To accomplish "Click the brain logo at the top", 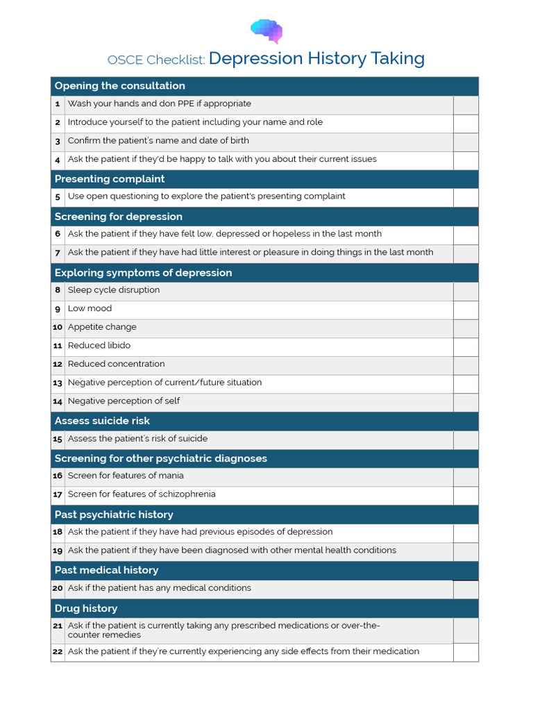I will [266, 31].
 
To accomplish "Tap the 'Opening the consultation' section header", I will [119, 86].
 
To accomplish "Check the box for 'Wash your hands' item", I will [466, 105].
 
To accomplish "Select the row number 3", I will [58, 141].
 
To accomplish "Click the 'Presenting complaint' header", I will [110, 179].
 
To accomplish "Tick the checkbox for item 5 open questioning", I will [466, 197].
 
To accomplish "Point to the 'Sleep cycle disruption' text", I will [114, 290].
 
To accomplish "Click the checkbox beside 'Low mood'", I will [466, 310].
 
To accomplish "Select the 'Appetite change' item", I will [102, 327].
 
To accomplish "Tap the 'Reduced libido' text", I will [99, 346].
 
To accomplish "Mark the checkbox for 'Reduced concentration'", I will [466, 365].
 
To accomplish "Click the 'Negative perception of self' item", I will [124, 401].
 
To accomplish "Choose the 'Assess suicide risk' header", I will [102, 421].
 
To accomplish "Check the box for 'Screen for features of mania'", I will [466, 477].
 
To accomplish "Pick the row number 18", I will [58, 532].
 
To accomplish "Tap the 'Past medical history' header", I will [106, 570].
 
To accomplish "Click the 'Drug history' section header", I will [86, 608].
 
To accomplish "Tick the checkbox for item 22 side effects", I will [466, 652].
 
